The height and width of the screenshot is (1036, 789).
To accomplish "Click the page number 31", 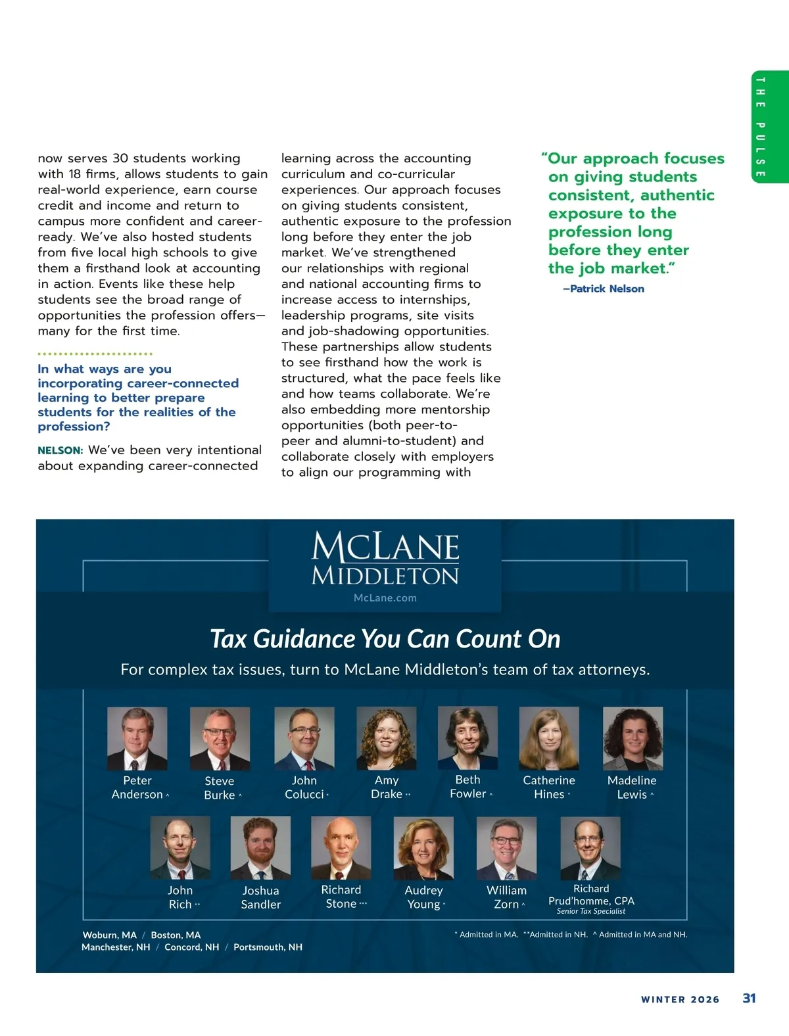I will pyautogui.click(x=749, y=998).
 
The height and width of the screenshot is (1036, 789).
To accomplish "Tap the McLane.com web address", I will pyautogui.click(x=385, y=598).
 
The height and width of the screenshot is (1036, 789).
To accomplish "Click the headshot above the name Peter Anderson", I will pyautogui.click(x=137, y=738).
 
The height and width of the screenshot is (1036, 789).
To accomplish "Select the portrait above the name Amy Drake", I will pyautogui.click(x=387, y=738).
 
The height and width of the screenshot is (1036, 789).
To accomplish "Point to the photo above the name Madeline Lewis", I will pyautogui.click(x=633, y=738).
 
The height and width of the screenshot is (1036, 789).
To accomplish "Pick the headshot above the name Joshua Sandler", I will pyautogui.click(x=260, y=848).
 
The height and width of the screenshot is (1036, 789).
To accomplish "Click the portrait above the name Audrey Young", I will pyautogui.click(x=423, y=848).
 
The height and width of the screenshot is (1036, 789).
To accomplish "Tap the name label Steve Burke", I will pyautogui.click(x=220, y=788).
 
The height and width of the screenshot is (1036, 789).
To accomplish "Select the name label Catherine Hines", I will pyautogui.click(x=549, y=787).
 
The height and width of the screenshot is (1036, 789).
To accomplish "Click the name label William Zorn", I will pyautogui.click(x=506, y=897).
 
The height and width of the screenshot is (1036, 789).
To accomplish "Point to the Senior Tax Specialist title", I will pyautogui.click(x=591, y=911).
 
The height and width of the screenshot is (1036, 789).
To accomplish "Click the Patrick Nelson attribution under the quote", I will pyautogui.click(x=604, y=289).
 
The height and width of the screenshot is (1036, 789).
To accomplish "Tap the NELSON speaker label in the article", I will pyautogui.click(x=60, y=451).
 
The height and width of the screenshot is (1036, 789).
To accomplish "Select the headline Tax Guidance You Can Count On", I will pyautogui.click(x=385, y=639).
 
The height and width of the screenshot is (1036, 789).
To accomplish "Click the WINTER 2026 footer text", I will pyautogui.click(x=680, y=999).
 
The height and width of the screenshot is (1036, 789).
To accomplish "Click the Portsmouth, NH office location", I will pyautogui.click(x=268, y=947).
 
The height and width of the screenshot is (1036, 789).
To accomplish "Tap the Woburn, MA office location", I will pyautogui.click(x=110, y=935).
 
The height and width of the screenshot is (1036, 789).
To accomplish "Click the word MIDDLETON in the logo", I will pyautogui.click(x=385, y=576).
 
